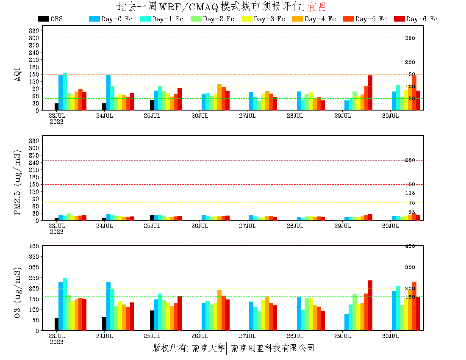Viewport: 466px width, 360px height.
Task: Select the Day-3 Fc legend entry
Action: point(263,19)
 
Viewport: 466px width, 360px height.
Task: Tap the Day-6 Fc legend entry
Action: point(416,19)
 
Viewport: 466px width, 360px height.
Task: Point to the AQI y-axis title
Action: point(18,74)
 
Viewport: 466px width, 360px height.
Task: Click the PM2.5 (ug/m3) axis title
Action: point(18,182)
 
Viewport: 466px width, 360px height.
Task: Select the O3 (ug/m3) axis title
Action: point(18,292)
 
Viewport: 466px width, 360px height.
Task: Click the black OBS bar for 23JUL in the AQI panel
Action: point(56,107)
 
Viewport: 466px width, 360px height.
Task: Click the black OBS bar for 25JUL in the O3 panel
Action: point(152,320)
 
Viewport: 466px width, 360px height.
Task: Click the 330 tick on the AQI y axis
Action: point(34,30)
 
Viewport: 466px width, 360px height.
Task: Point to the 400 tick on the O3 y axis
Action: point(34,246)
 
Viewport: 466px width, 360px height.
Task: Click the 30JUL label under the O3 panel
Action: point(390,336)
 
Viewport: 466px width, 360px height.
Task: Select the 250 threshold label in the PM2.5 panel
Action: point(410,160)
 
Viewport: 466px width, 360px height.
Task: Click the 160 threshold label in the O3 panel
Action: point(410,297)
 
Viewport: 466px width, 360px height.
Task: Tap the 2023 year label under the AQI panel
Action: point(56,122)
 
